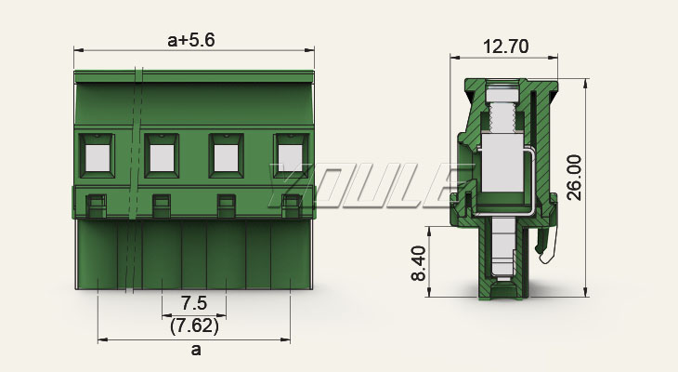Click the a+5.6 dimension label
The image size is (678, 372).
tap(190, 40)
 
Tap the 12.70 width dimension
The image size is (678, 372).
tap(505, 46)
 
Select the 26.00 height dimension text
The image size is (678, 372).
tap(574, 178)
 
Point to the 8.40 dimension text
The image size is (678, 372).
tap(419, 263)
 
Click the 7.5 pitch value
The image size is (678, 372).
tap(194, 303)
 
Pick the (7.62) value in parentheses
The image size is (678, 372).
tap(194, 325)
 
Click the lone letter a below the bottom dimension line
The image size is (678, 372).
tap(196, 350)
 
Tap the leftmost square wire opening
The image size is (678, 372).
tap(98, 158)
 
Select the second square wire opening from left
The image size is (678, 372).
tap(162, 158)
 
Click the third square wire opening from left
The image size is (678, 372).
tap(226, 158)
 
